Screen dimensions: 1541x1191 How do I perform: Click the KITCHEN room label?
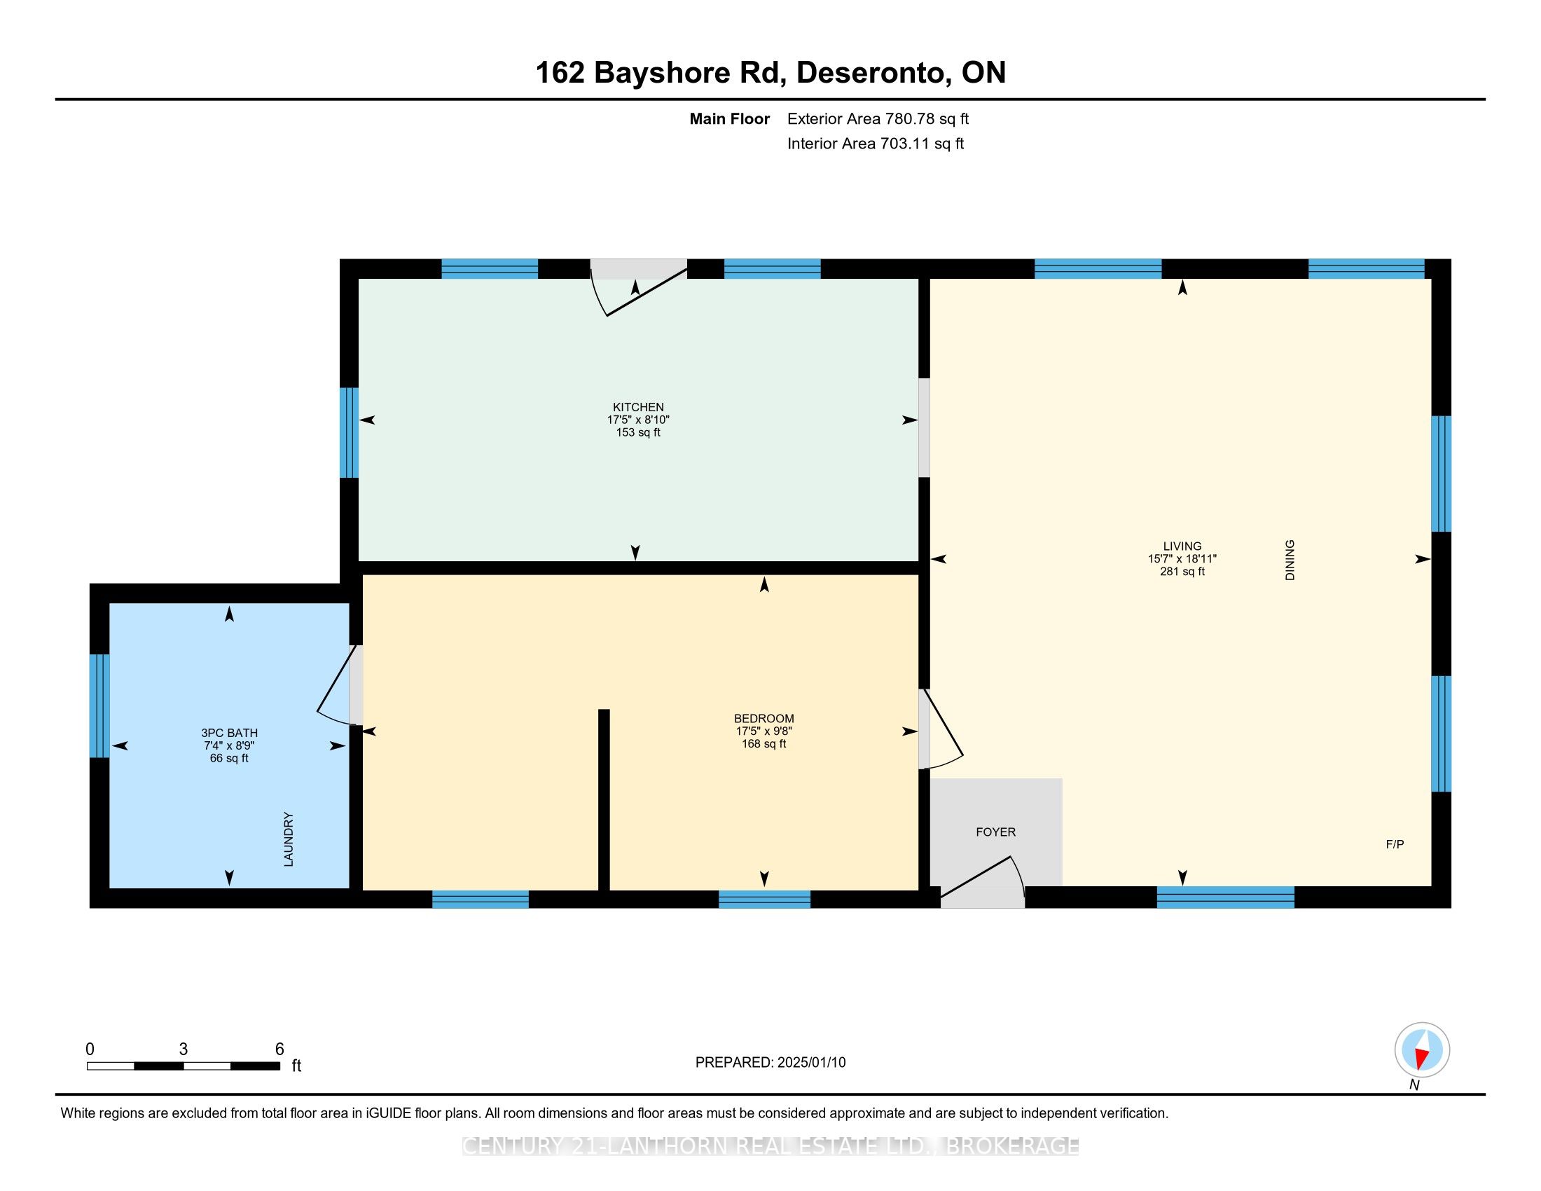(638, 407)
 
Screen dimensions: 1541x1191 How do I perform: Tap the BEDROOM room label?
(763, 719)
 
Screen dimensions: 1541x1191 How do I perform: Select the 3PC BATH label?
(229, 733)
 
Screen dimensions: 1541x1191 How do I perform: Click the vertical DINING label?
(1290, 560)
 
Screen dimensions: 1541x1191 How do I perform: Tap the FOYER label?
(995, 832)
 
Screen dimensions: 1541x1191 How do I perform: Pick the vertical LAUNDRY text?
(288, 839)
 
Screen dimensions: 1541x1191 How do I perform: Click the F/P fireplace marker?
(1395, 845)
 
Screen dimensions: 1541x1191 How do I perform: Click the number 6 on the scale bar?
(279, 1049)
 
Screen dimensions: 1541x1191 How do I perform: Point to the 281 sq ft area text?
(1182, 572)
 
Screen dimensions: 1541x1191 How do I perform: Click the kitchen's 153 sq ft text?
(638, 432)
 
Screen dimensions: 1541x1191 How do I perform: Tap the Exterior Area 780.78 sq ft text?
(878, 119)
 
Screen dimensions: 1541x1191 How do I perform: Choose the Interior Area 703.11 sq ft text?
(875, 144)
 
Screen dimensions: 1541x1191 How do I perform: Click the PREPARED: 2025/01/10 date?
(770, 1063)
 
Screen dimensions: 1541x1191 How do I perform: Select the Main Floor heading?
(729, 119)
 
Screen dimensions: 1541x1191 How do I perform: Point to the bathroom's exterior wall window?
(100, 705)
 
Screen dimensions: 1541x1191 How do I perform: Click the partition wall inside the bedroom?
(604, 800)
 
